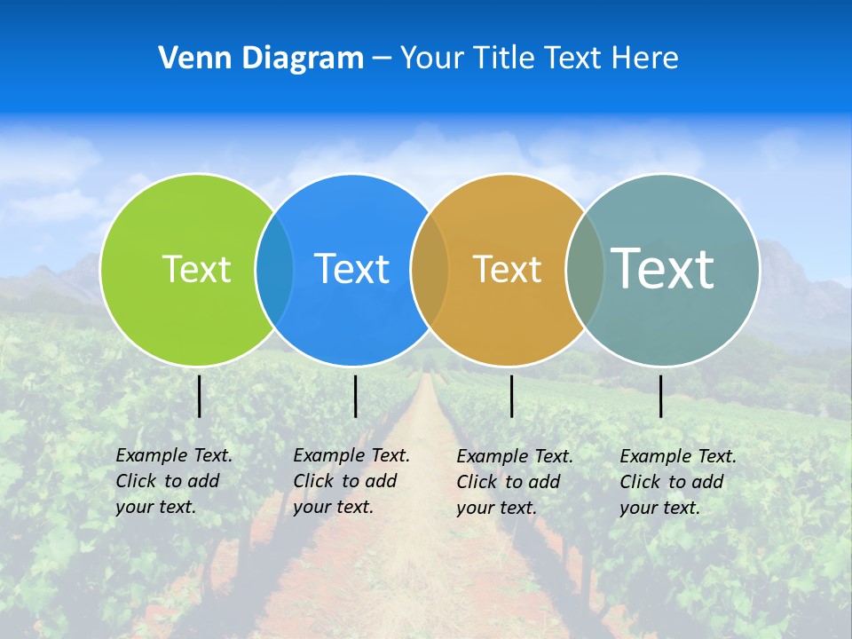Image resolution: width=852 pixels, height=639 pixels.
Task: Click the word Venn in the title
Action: (188, 59)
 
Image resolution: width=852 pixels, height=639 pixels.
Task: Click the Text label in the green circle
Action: (196, 269)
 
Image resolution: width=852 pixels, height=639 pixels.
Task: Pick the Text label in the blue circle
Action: (351, 269)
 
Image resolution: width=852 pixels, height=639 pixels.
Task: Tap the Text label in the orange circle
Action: (507, 269)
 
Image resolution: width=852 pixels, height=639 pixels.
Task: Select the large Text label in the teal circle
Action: (662, 268)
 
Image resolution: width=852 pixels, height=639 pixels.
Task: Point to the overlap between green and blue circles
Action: (274, 269)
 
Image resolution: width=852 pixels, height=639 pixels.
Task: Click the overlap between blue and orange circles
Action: (430, 269)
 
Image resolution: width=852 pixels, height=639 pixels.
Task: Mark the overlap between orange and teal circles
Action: (584, 269)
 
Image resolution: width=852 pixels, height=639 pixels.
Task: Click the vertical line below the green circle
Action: (199, 396)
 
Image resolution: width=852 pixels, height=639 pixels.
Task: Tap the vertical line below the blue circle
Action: (355, 396)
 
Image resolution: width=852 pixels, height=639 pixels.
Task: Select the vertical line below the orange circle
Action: (511, 396)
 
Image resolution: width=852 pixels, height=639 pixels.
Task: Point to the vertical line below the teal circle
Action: (660, 396)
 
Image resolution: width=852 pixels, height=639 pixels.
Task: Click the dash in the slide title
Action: (382, 59)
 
